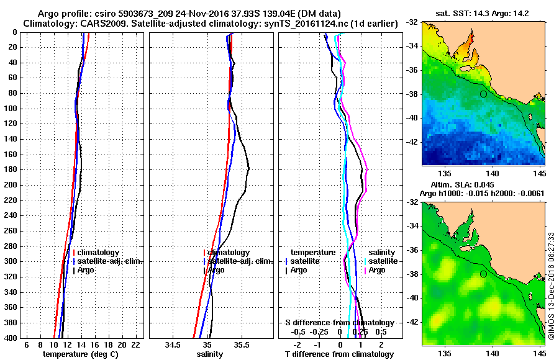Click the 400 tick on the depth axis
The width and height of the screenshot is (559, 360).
pos(12,338)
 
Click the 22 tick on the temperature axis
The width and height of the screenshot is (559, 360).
pos(135,344)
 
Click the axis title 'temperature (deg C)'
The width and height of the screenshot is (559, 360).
pos(80,354)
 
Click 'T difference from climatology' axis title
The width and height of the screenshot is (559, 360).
pos(339,354)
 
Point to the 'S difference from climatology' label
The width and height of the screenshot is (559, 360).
pos(339,323)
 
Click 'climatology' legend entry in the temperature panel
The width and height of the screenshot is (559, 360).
pos(99,253)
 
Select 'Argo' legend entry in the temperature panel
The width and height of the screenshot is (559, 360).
pos(86,270)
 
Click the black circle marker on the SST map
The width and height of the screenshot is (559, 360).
pos(483,94)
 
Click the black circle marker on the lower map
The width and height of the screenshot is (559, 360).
pos(483,274)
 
